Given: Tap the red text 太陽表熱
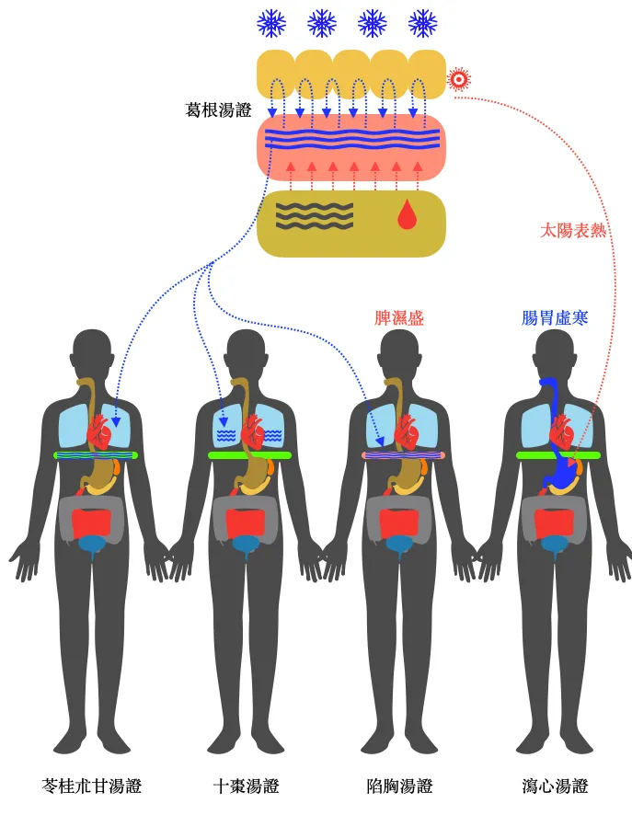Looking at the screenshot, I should pos(572,230).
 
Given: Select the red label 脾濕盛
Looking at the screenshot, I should pos(398,318).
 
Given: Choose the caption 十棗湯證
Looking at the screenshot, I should pos(245,786).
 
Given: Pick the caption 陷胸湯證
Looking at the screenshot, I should pos(398,786).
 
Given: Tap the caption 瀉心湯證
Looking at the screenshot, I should pos(554,786).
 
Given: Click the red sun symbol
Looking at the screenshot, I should pos(458,79).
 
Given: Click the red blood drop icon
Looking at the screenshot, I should pos(407,215).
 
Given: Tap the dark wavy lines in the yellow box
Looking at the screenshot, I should pos(315,215).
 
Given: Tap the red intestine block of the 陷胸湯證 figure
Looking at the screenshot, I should pos(399,522).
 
